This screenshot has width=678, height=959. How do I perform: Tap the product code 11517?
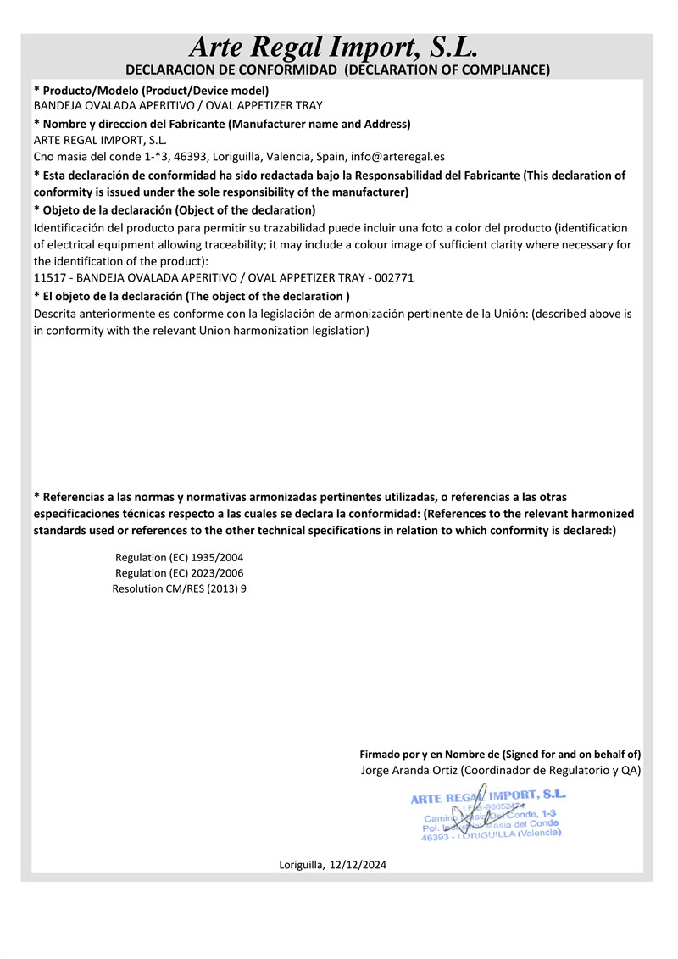point(48,277)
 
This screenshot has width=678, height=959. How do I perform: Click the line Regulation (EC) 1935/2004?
point(179,557)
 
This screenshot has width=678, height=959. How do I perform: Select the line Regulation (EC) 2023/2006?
point(179,572)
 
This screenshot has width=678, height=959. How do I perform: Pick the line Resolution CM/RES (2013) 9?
point(179,588)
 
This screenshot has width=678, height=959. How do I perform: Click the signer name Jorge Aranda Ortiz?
point(410,770)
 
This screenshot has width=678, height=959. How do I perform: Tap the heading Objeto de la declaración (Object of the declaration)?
point(175,209)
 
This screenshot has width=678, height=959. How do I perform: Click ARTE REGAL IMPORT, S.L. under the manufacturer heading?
point(100,140)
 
